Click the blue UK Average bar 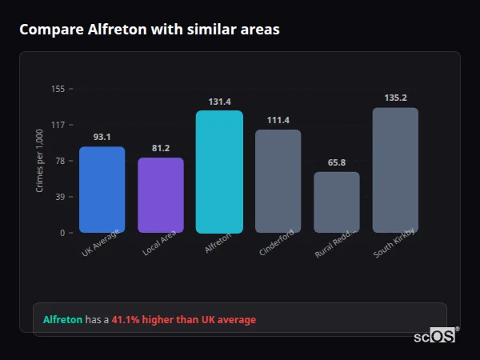click(x=102, y=190)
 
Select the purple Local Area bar click(x=161, y=195)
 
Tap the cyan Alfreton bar click(x=219, y=172)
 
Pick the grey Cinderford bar click(x=278, y=181)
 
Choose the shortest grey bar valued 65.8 click(x=337, y=202)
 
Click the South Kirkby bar click(x=395, y=170)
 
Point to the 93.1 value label click(x=102, y=137)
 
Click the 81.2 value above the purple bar click(x=161, y=148)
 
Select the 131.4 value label click(x=219, y=102)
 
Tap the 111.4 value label click(x=278, y=120)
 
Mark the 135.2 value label click(x=395, y=98)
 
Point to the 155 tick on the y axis click(x=58, y=89)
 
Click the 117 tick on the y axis click(x=58, y=125)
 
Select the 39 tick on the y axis click(x=59, y=197)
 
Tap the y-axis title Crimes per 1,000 click(x=40, y=161)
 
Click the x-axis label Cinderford click(x=278, y=242)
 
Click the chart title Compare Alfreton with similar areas click(x=150, y=30)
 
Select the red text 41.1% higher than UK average click(x=184, y=319)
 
